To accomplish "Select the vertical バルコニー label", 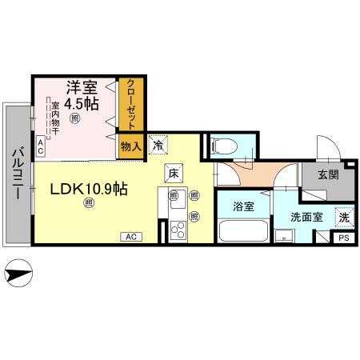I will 16,176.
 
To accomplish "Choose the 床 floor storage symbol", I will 173,171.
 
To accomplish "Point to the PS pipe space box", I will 343,238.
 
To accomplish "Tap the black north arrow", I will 20,276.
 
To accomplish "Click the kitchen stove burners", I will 176,230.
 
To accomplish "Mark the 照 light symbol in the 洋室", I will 74,119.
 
